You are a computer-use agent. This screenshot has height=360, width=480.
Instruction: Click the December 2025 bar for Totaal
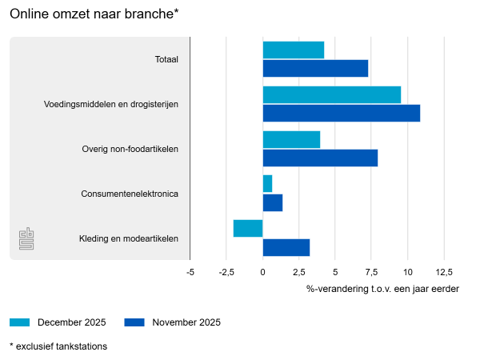[x=293, y=50]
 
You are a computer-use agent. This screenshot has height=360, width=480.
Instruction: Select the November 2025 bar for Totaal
[x=315, y=69]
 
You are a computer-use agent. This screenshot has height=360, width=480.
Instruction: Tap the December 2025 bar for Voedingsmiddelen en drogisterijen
[x=331, y=94]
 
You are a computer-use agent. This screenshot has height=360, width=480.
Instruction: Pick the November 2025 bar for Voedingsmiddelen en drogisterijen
[x=341, y=114]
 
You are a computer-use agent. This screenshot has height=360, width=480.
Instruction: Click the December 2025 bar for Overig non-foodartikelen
[x=291, y=139]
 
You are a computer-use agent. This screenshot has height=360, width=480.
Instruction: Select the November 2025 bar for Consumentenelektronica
[x=273, y=203]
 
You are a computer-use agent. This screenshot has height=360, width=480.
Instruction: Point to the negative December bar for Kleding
[x=248, y=228]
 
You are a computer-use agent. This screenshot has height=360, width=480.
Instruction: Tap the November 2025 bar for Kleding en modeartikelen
[x=286, y=247]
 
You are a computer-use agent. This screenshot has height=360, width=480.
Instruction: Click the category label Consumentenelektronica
[x=130, y=194]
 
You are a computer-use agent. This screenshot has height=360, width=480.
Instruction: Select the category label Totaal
[x=166, y=59]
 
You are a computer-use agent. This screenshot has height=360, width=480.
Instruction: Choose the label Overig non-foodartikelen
[x=130, y=149]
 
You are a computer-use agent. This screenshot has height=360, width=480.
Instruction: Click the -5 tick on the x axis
[x=190, y=272]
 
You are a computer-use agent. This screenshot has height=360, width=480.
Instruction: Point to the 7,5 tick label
[x=371, y=272]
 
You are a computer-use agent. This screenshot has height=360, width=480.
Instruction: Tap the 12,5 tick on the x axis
[x=444, y=272]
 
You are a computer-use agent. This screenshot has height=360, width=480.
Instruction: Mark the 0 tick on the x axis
[x=262, y=272]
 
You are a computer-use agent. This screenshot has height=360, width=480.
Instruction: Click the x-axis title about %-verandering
[x=382, y=288]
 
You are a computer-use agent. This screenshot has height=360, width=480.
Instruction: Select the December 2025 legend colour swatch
[x=19, y=322]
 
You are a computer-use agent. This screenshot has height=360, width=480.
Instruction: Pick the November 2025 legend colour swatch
[x=134, y=322]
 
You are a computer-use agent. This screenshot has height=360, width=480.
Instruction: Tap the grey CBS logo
[x=27, y=238]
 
